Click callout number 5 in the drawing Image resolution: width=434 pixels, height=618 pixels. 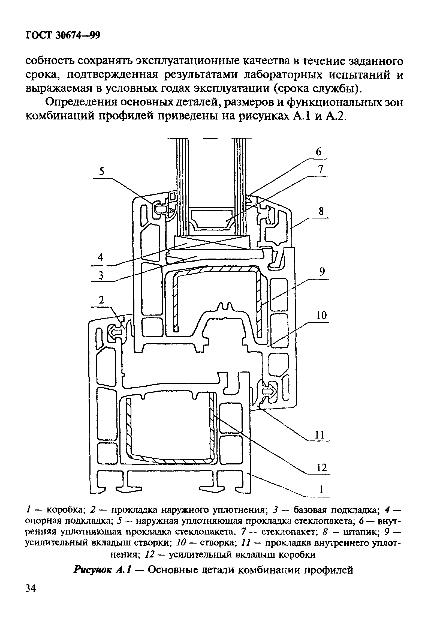point(102,172)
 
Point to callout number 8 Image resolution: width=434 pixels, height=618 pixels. point(322,211)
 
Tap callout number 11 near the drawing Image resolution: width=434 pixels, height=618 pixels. point(320,435)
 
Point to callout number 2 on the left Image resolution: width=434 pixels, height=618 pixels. point(102,300)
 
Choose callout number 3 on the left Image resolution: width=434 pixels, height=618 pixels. point(101,276)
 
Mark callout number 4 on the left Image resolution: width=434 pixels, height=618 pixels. point(101,257)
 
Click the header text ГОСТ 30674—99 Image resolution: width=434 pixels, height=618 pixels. point(63,35)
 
